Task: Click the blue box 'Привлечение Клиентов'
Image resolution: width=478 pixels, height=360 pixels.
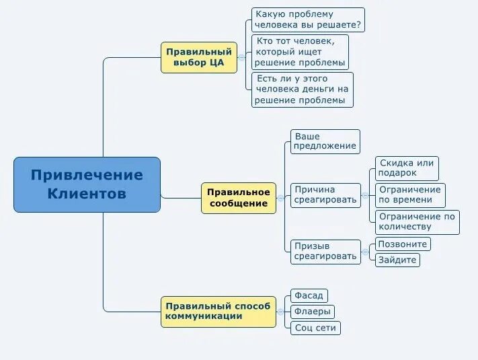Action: [x=87, y=184]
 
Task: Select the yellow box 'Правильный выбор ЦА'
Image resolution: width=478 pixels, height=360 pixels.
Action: [x=199, y=58]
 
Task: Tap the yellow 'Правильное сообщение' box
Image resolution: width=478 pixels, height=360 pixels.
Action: [x=238, y=198]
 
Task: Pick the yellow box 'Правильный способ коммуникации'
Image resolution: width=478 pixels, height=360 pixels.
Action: [x=218, y=312]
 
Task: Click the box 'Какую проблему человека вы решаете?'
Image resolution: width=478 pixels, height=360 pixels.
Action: [x=308, y=20]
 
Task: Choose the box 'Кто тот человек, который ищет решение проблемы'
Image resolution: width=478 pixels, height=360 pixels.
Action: [x=301, y=52]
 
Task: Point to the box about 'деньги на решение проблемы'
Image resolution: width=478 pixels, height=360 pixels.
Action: [x=303, y=89]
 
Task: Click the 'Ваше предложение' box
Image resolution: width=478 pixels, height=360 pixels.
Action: [x=325, y=141]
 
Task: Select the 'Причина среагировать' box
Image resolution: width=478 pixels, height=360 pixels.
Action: [x=325, y=195]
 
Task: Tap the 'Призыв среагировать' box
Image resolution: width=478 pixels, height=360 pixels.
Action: [x=325, y=251]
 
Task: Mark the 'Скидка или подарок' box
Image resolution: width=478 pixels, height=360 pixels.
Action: [x=407, y=168]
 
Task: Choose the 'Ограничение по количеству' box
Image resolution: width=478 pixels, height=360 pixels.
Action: [x=417, y=221]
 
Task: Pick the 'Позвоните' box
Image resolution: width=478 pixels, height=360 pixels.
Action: [x=403, y=244]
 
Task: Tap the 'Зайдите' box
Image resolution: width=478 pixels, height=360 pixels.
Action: [x=397, y=260]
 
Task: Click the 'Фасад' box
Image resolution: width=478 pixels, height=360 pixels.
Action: [x=309, y=295]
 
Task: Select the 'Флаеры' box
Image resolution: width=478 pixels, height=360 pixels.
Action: [x=313, y=312]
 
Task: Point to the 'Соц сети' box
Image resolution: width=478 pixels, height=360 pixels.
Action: [x=316, y=328]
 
